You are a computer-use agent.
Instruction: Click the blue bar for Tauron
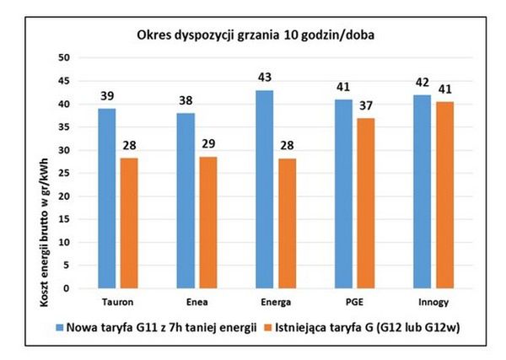click(x=108, y=199)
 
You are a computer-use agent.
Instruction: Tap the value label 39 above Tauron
click(x=108, y=98)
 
